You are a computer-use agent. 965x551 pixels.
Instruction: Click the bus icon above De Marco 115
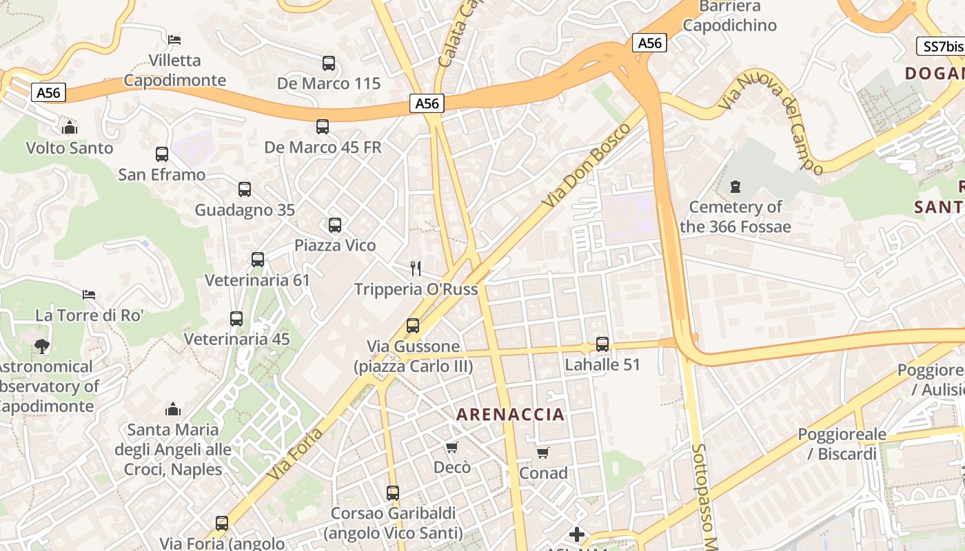coord(329,63)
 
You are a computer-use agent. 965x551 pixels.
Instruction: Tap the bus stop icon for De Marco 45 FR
coord(323,127)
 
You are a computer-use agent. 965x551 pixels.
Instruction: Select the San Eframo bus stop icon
coord(162,154)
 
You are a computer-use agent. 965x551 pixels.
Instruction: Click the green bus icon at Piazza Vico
coord(335,225)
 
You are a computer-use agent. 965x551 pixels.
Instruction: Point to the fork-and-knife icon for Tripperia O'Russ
coord(416,268)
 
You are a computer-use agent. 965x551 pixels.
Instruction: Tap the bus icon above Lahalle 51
coord(602,344)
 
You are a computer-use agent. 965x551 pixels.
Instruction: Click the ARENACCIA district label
coord(510,415)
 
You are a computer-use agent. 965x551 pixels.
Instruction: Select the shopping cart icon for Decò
coord(452,448)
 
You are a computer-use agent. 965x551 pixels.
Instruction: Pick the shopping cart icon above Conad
coord(543,453)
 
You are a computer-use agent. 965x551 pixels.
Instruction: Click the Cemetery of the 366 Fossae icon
coord(735,187)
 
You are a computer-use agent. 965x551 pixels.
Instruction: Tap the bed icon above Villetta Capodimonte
coord(174,39)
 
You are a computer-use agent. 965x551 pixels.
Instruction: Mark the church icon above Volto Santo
coord(69,127)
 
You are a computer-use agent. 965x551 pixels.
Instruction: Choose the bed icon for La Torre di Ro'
coord(89,295)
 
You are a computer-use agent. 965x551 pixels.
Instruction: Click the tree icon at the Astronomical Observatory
coord(42,346)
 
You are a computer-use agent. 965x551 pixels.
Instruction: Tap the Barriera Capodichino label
coord(729,16)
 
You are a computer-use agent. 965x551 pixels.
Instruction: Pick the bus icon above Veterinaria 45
coord(236,319)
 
